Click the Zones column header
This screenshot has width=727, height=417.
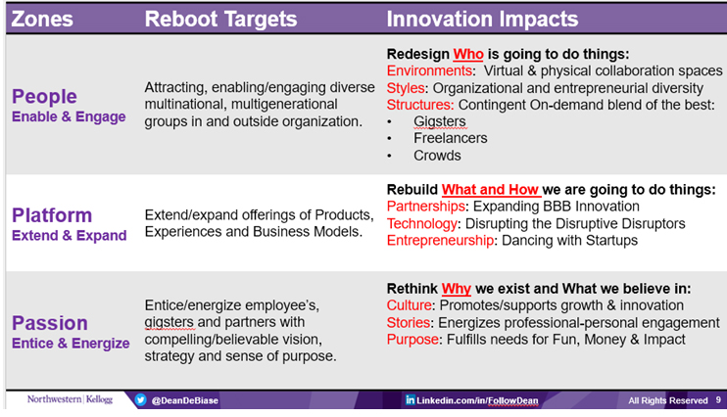(x=42, y=19)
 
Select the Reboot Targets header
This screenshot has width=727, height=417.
(x=220, y=20)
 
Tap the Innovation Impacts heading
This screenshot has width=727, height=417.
(x=482, y=20)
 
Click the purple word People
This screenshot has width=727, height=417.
(x=44, y=96)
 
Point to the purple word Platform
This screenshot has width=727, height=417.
(x=52, y=215)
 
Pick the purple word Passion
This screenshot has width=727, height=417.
(x=50, y=323)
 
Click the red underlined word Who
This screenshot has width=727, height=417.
(x=468, y=54)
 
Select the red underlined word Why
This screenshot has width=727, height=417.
(x=457, y=289)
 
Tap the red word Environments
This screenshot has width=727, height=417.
(x=429, y=70)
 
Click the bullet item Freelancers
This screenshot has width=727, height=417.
(x=450, y=138)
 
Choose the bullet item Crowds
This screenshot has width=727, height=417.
(x=437, y=156)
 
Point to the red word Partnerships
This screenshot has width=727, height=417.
(x=425, y=207)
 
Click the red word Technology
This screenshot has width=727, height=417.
(x=422, y=224)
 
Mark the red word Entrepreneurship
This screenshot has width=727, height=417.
(x=440, y=241)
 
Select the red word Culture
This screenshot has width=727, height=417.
(x=409, y=305)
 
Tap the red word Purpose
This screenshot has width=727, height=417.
(x=412, y=340)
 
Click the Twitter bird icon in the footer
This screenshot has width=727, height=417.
(x=141, y=399)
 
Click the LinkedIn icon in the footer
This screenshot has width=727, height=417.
(x=410, y=399)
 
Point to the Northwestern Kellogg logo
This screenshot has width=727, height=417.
(x=70, y=399)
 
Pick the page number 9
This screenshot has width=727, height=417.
(x=718, y=399)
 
